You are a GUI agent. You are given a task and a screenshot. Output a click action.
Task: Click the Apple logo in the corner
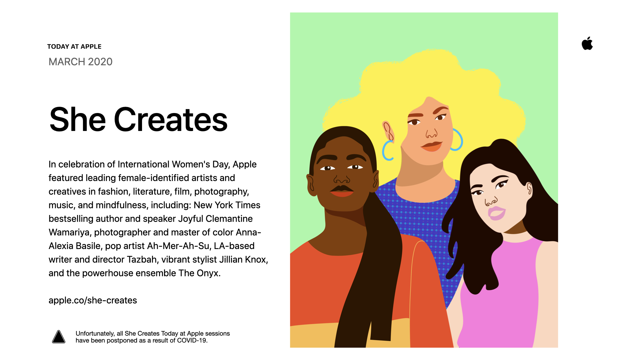[x=587, y=43]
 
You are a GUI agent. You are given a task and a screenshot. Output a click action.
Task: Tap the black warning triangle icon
[x=59, y=337]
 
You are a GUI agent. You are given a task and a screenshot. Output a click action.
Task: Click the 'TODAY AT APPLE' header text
[x=74, y=47]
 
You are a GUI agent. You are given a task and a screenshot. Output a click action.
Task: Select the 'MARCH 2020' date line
[x=81, y=62]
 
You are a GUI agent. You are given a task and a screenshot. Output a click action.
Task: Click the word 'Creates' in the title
[x=171, y=120]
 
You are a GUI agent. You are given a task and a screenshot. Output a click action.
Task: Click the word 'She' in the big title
[x=78, y=119]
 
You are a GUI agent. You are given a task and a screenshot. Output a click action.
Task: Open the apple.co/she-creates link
[x=93, y=300]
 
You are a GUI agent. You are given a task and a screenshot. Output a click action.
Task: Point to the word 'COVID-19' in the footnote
[x=192, y=340]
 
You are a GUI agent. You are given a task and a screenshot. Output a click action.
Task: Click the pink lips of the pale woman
[x=496, y=213]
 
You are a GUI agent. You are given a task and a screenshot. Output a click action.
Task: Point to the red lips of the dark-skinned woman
[x=342, y=191]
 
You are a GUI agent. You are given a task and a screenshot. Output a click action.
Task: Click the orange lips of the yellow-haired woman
[x=431, y=146]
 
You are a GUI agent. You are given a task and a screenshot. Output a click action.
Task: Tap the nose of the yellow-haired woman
[x=431, y=133]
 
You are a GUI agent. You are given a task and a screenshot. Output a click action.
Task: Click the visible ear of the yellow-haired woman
[x=388, y=131]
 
